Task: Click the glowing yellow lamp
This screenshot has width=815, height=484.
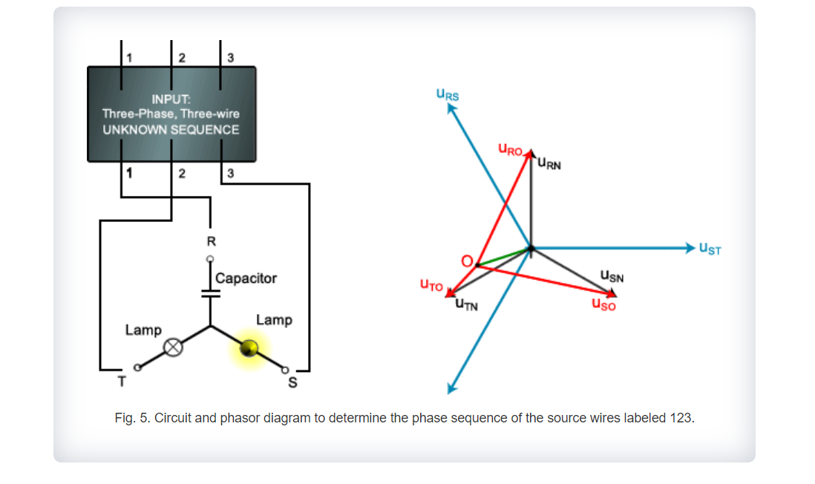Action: tap(249, 348)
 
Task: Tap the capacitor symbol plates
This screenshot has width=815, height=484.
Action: tap(211, 292)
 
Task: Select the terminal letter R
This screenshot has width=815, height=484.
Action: tap(211, 241)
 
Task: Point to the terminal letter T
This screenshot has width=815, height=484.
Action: tap(122, 382)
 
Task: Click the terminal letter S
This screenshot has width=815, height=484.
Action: tap(292, 383)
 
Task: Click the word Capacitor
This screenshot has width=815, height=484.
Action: tap(246, 278)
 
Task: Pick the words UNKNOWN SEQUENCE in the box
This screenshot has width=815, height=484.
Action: tap(171, 130)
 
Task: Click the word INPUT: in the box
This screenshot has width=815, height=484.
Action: tap(171, 99)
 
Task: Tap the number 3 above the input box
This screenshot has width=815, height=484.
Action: tap(230, 58)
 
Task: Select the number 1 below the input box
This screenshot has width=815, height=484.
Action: tap(129, 174)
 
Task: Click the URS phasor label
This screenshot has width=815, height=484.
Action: tap(448, 94)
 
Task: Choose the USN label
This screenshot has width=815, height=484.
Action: tap(612, 277)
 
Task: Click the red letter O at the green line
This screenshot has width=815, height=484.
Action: tap(467, 261)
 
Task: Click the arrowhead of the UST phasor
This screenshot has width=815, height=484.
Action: tap(690, 247)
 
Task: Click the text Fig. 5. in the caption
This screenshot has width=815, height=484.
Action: tap(131, 418)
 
